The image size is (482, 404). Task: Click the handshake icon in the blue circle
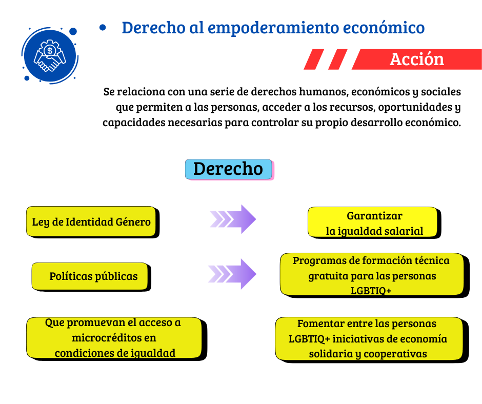tap(50, 56)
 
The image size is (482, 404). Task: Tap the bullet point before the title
tap(103, 28)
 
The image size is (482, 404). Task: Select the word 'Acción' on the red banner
tap(417, 59)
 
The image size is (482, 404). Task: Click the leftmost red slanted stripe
tap(314, 59)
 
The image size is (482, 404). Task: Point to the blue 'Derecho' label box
tap(229, 169)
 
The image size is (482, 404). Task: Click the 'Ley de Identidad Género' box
tap(92, 221)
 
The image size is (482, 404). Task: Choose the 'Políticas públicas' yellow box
tap(90, 276)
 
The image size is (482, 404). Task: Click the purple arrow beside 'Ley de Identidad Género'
tap(233, 219)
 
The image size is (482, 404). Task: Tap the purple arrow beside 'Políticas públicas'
tap(232, 274)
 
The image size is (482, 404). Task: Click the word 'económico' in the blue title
tap(384, 28)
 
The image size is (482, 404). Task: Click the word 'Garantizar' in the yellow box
tap(374, 216)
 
